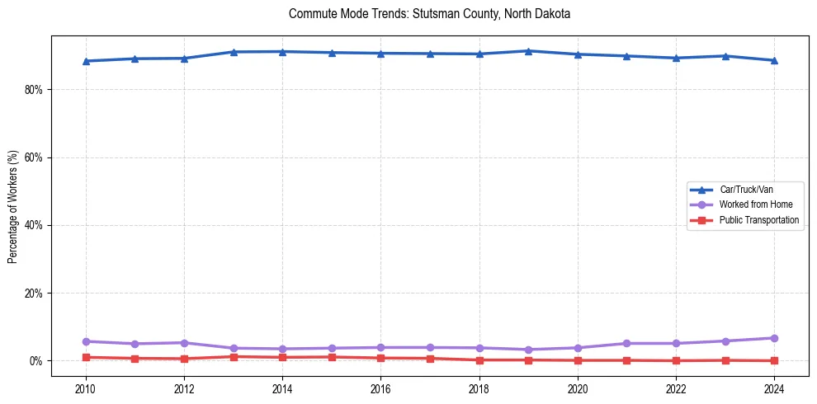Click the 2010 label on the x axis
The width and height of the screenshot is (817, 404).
(x=85, y=389)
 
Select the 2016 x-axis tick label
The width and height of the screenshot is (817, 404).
(x=380, y=389)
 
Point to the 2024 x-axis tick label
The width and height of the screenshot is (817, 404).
(x=774, y=389)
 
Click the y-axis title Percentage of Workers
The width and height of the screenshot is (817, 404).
(x=12, y=206)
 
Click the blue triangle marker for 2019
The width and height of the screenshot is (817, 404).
(x=528, y=51)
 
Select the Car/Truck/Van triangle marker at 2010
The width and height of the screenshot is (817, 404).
(x=85, y=61)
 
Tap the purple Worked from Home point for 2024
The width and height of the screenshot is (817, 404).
(x=774, y=338)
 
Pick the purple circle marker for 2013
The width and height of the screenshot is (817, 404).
(x=233, y=348)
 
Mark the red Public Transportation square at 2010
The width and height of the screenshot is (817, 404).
(x=85, y=357)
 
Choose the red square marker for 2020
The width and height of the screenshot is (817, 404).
(x=578, y=360)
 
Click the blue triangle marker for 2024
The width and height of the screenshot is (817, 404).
(x=774, y=60)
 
